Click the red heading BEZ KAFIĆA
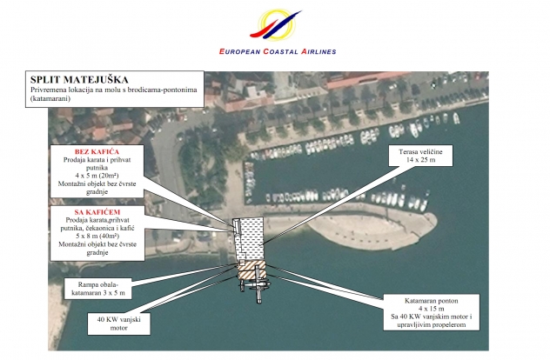coord(97,151)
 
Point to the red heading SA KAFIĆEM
coord(97,210)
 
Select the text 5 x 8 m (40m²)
coord(97,235)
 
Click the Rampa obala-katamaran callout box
coord(97,289)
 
